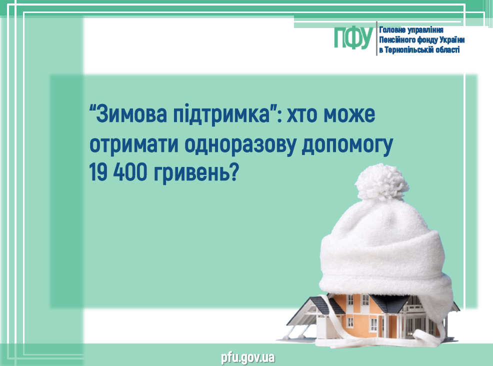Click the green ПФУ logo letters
click(x=353, y=37)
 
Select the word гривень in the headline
click(x=192, y=173)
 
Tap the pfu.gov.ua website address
click(x=248, y=358)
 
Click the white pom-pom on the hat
click(x=381, y=182)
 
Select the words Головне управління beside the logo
click(x=411, y=30)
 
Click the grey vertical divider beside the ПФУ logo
click(x=376, y=38)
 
